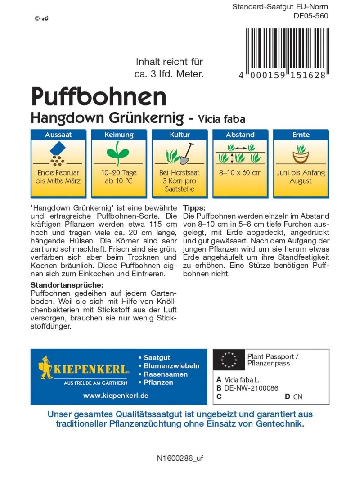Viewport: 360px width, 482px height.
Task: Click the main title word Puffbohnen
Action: tap(99, 96)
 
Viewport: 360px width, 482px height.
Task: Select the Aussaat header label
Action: tap(58, 135)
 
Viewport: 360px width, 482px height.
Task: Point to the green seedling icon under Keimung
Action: tap(119, 151)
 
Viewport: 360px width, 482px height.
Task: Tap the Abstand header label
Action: tap(240, 135)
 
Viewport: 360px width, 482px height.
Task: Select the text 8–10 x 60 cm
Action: tap(240, 173)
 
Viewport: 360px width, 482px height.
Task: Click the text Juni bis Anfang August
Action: tap(301, 177)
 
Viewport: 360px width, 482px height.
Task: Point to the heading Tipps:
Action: tap(194, 208)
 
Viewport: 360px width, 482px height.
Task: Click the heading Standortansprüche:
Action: tap(67, 285)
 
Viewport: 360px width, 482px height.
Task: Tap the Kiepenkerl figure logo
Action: tap(46, 368)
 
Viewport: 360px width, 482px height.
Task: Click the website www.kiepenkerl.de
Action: tap(116, 396)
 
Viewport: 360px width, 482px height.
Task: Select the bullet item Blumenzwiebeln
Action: tap(171, 366)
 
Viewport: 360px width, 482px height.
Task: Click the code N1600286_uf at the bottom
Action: tap(180, 459)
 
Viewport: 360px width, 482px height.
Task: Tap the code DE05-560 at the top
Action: tap(310, 16)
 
